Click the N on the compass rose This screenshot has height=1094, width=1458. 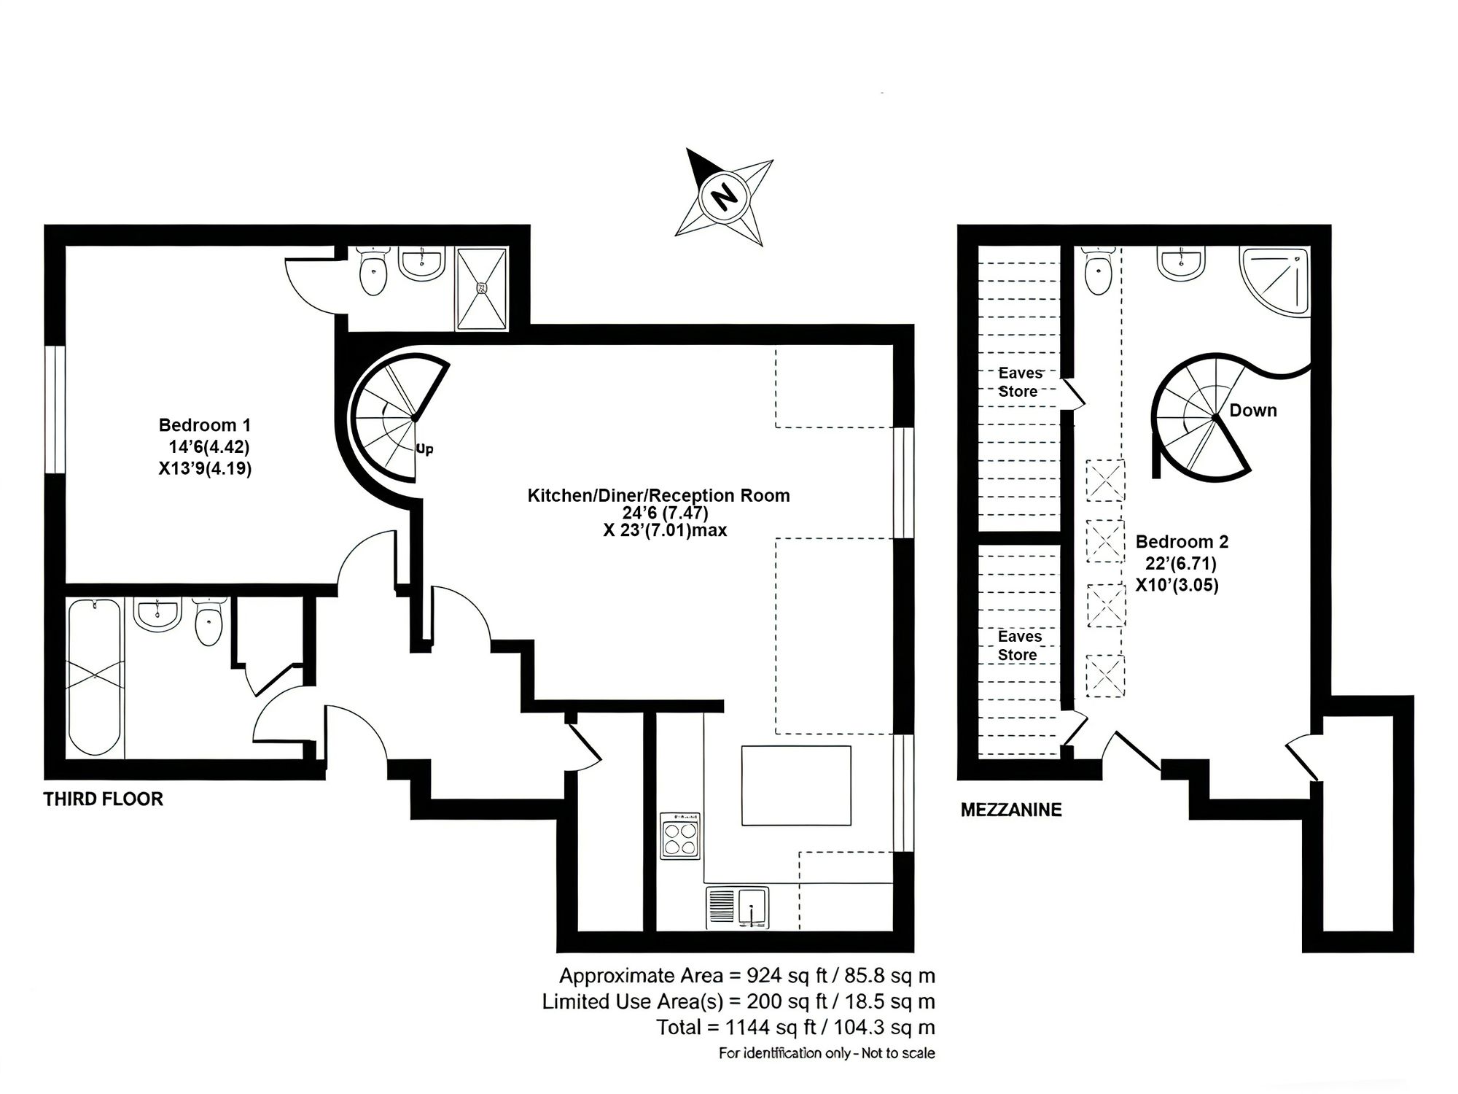click(724, 196)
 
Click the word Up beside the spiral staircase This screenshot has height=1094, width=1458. click(424, 449)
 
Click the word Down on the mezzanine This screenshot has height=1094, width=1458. click(1253, 410)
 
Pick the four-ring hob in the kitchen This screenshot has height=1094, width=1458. click(681, 835)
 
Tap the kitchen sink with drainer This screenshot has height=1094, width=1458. click(737, 907)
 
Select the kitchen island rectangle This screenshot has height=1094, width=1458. click(796, 785)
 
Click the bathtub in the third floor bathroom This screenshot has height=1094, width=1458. click(95, 677)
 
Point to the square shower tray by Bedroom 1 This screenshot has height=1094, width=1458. click(481, 288)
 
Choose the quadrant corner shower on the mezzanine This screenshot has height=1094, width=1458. click(1275, 282)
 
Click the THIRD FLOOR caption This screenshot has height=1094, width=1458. click(104, 799)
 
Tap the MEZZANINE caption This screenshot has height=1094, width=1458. click(1011, 810)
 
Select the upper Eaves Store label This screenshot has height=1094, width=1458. click(1019, 382)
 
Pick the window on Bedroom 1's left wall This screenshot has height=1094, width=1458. click(55, 410)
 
